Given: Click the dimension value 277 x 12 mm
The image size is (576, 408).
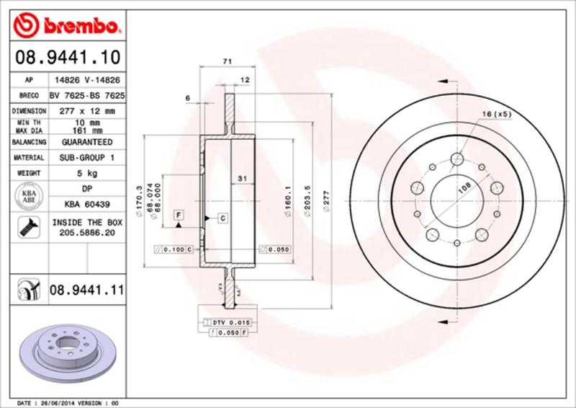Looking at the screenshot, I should tap(87, 111).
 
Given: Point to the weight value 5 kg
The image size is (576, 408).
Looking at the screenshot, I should tap(87, 173).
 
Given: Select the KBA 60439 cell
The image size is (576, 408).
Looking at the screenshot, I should tap(87, 204).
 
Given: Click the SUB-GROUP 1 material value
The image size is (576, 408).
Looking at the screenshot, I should tap(87, 157).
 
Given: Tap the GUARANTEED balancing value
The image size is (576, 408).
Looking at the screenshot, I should tap(87, 142).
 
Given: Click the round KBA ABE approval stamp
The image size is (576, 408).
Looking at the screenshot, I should tap(28, 197).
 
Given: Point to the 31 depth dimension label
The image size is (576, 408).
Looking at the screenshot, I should tap(243, 177).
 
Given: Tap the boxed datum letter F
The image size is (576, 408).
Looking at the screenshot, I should tap(177, 215).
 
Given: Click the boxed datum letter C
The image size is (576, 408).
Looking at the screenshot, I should tap(222, 217).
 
